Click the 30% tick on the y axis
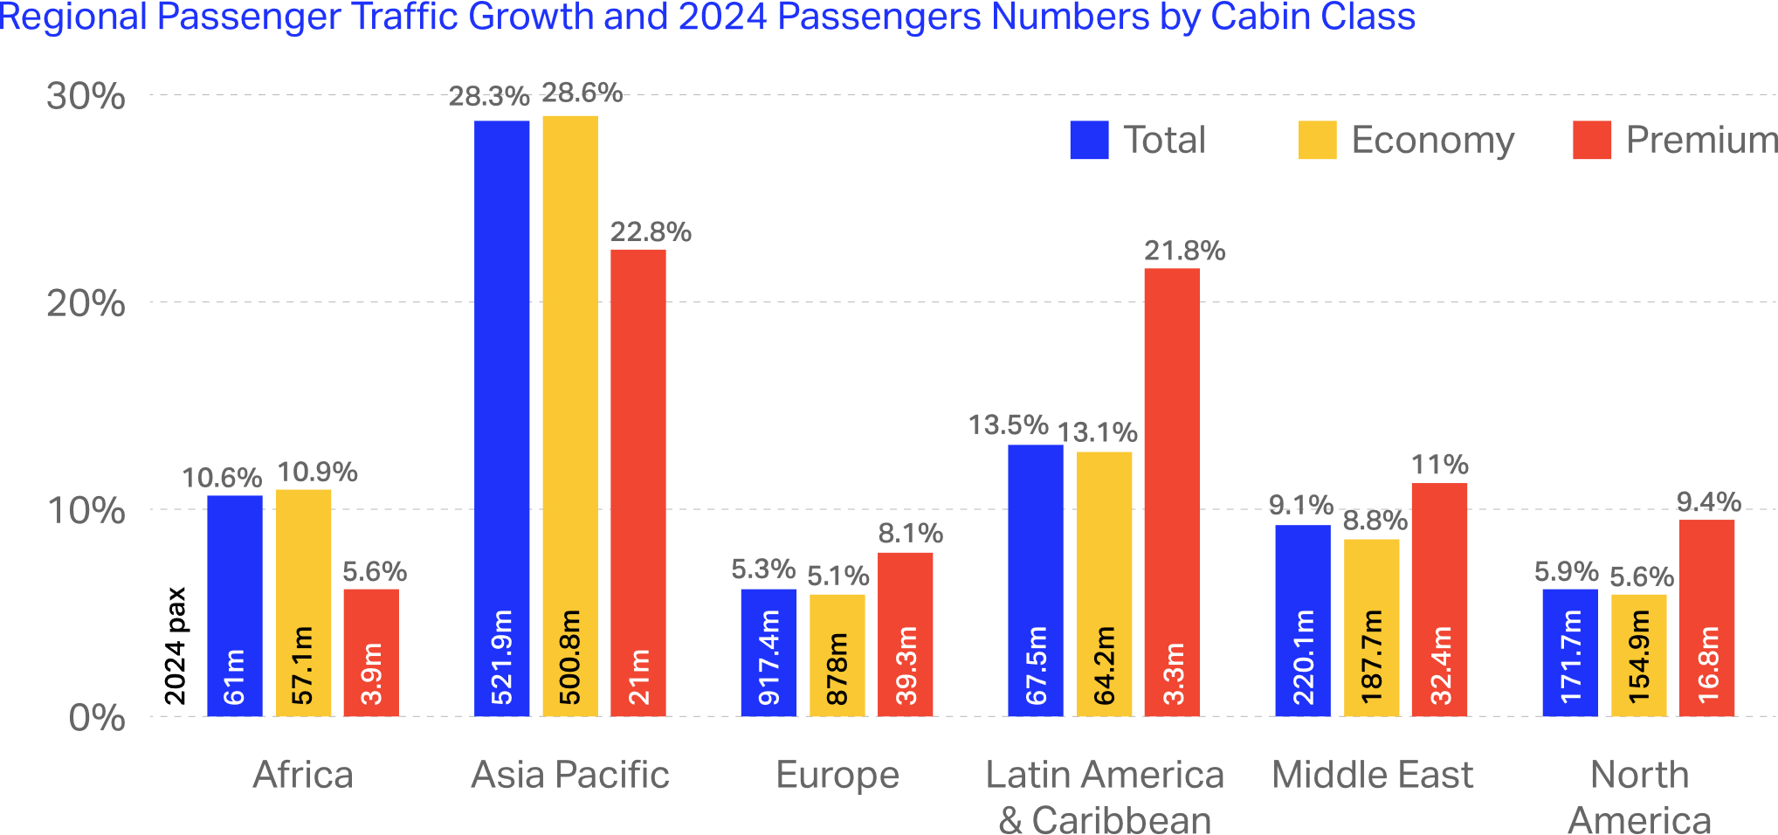click(86, 96)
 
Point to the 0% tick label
click(97, 718)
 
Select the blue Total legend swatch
click(1089, 141)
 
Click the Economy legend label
click(1432, 141)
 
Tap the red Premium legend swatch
click(1592, 141)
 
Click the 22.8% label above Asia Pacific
click(651, 232)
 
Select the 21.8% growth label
click(1185, 252)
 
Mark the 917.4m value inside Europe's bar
click(769, 658)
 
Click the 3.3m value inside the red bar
click(1175, 673)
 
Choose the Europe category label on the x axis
click(837, 775)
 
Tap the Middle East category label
click(1372, 775)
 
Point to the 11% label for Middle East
click(1440, 465)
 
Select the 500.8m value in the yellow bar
click(570, 658)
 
